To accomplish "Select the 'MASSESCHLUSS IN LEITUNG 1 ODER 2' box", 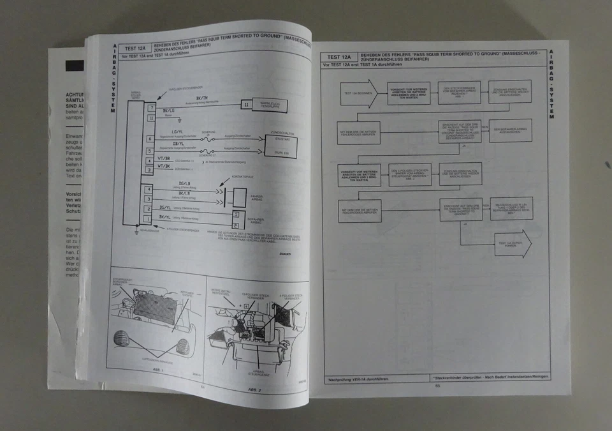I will click(511, 208).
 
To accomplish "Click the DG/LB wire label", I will click(184, 184).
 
